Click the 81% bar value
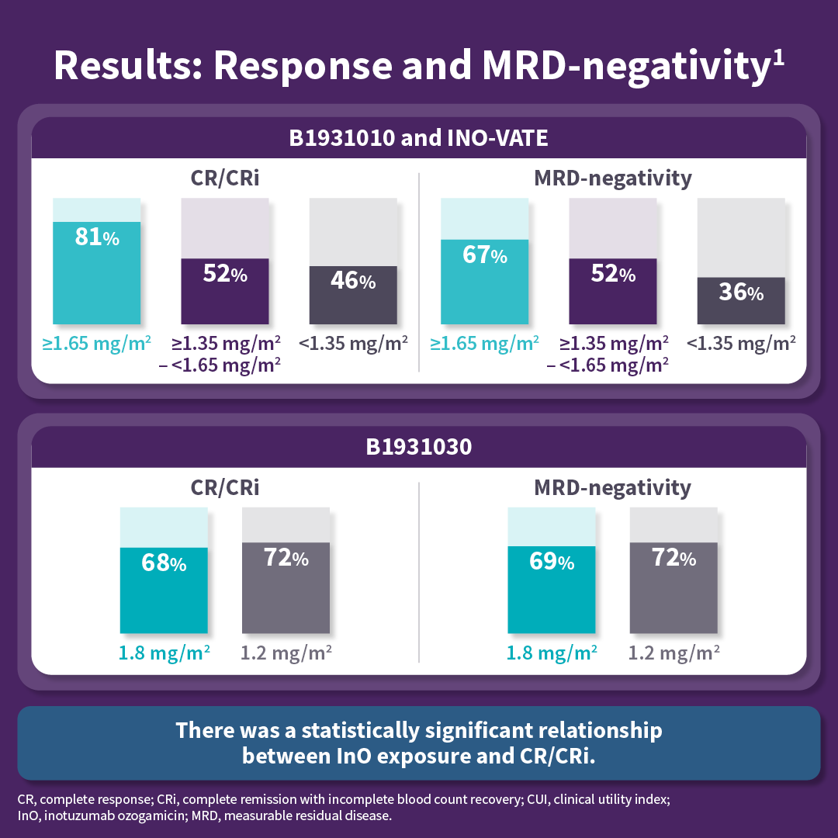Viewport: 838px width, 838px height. point(96,237)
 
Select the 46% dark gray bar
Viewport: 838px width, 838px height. point(353,295)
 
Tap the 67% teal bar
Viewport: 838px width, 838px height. point(484,281)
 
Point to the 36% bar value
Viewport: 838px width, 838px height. point(740,293)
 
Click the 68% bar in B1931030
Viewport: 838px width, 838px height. point(164,590)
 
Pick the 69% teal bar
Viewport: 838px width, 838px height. point(551,590)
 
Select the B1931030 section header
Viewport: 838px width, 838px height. point(419,448)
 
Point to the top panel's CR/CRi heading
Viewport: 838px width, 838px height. point(225,178)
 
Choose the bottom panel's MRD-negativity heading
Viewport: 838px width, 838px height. point(612,488)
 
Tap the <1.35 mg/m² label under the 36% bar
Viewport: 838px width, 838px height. point(740,342)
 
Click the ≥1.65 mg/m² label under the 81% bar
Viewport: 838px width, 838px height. point(96,342)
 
